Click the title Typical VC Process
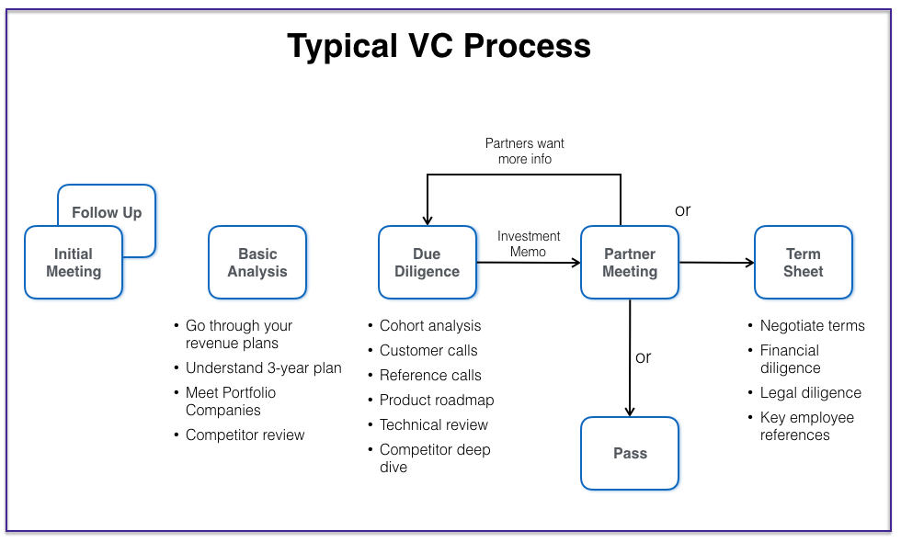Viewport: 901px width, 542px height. (439, 46)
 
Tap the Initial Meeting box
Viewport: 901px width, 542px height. (73, 263)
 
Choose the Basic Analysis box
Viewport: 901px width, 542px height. (257, 263)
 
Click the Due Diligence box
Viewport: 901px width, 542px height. (428, 263)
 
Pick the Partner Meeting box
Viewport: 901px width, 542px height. (630, 263)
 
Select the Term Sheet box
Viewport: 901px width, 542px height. (803, 263)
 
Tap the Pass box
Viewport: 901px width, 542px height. (630, 453)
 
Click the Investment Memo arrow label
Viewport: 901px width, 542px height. (529, 243)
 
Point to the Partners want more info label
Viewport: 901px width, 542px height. (525, 151)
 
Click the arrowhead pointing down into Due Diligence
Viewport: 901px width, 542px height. (428, 220)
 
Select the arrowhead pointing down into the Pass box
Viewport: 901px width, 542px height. (630, 412)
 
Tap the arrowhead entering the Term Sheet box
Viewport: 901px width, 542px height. (749, 263)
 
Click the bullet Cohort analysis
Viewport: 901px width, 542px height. (430, 326)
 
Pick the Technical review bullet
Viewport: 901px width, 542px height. (434, 425)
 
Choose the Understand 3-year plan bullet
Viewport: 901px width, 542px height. (263, 368)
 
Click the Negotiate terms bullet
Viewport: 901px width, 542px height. (812, 326)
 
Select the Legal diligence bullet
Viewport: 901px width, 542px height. (810, 393)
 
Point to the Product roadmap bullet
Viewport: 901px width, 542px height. (437, 401)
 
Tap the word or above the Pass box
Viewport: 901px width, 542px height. (644, 357)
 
